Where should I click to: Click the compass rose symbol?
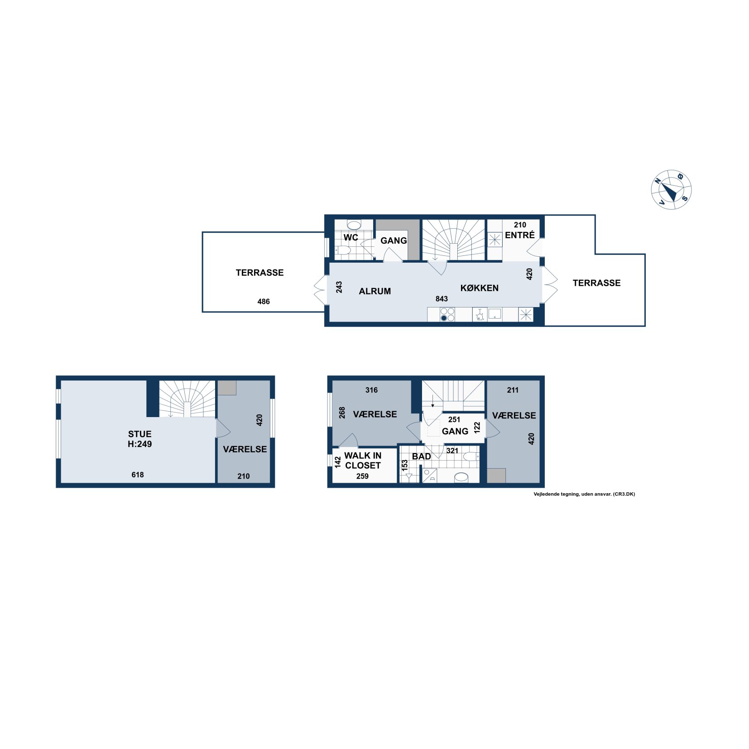point(671,189)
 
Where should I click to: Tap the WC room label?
point(350,237)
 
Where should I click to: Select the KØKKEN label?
point(479,288)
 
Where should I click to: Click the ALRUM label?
point(374,291)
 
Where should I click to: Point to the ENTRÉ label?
point(519,235)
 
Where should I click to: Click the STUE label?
point(139,434)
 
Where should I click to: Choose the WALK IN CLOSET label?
point(363,460)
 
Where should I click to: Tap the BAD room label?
point(421,456)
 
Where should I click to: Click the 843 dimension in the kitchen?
point(442,299)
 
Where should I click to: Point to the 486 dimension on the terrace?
point(264,302)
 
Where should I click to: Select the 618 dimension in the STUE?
point(138,475)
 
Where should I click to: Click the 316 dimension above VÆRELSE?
point(371,390)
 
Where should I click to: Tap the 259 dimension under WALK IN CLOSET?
point(362,476)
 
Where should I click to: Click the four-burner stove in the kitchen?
point(447,314)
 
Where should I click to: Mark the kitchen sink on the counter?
point(495,314)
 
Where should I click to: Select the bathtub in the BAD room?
point(461,477)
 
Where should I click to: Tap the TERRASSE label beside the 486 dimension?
point(259,273)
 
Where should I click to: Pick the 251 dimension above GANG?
point(454,419)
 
